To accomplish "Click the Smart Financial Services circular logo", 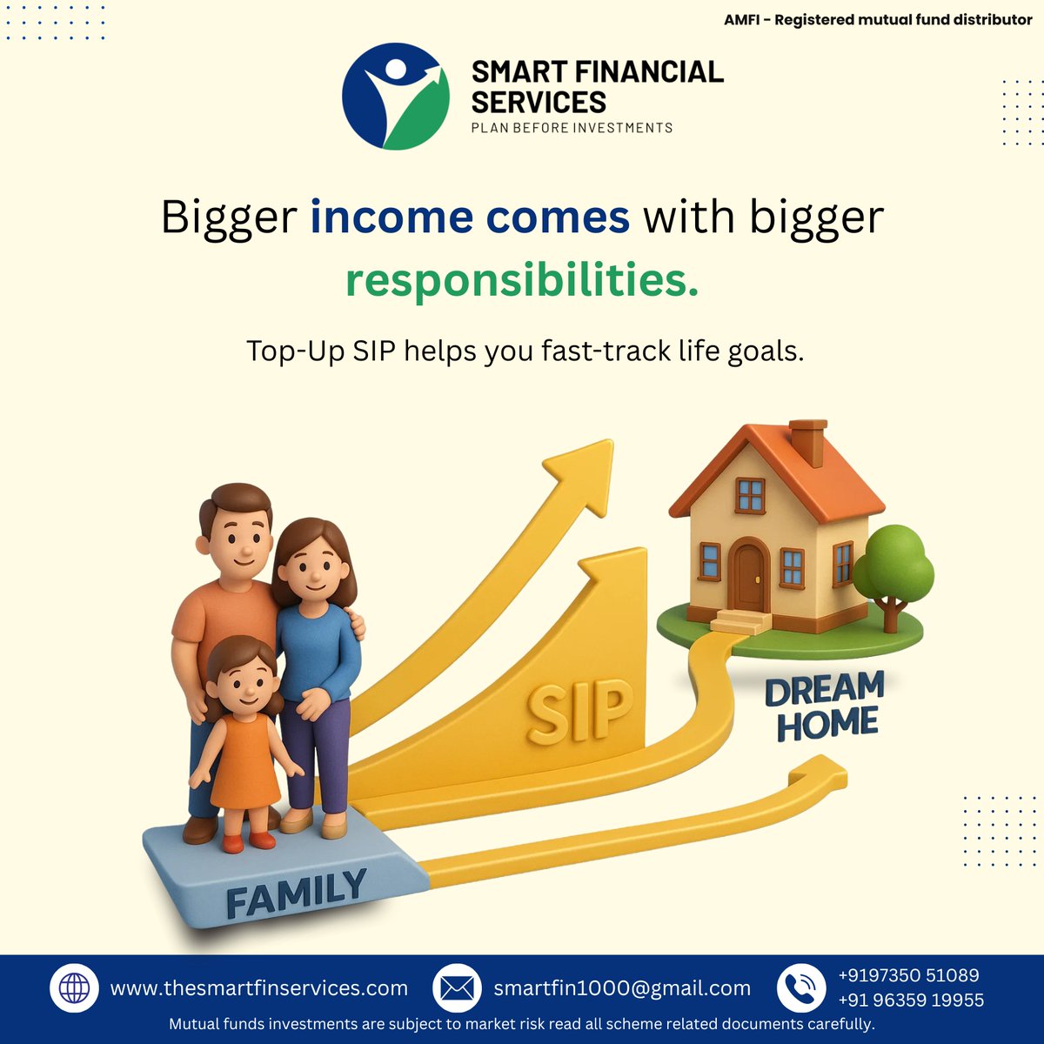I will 396,97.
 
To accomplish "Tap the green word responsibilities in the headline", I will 521,280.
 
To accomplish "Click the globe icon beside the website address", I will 74,988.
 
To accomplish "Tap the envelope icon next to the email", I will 457,988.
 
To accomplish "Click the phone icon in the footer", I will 800,988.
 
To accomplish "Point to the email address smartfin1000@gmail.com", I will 622,988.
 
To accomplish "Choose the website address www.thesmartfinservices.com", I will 258,988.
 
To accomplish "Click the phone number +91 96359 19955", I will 910,1000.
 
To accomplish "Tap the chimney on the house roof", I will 807,441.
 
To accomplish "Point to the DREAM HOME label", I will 825,706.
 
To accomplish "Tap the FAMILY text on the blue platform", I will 296,894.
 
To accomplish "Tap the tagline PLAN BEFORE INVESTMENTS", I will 572,128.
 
